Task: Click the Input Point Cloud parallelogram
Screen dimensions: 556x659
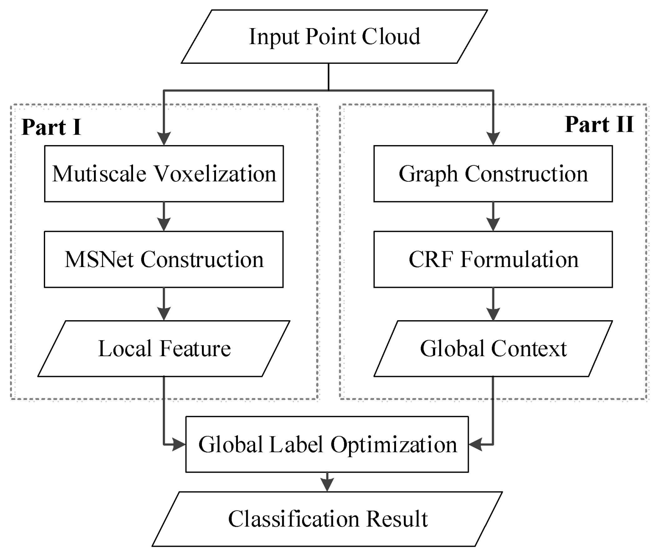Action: (x=334, y=37)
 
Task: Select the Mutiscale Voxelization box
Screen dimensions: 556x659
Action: (x=164, y=174)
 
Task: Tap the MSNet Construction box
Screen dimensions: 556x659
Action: (x=164, y=259)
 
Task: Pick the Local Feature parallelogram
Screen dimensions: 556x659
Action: (x=164, y=348)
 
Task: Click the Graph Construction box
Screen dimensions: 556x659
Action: (x=493, y=174)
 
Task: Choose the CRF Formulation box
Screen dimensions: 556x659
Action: (x=493, y=259)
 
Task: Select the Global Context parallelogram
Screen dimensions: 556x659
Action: (x=493, y=348)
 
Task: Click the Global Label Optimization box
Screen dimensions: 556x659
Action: (x=327, y=444)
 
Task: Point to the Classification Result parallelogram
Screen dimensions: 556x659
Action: (x=327, y=519)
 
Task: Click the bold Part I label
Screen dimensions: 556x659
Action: (x=51, y=127)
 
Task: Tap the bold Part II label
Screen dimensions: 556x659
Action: (x=599, y=125)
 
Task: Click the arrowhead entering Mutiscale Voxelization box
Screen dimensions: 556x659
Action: (x=164, y=139)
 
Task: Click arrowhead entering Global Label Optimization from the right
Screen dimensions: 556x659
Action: (x=475, y=445)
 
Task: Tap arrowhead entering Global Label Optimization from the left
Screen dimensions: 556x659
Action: (x=179, y=445)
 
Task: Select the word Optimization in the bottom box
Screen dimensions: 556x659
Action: (x=394, y=445)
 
